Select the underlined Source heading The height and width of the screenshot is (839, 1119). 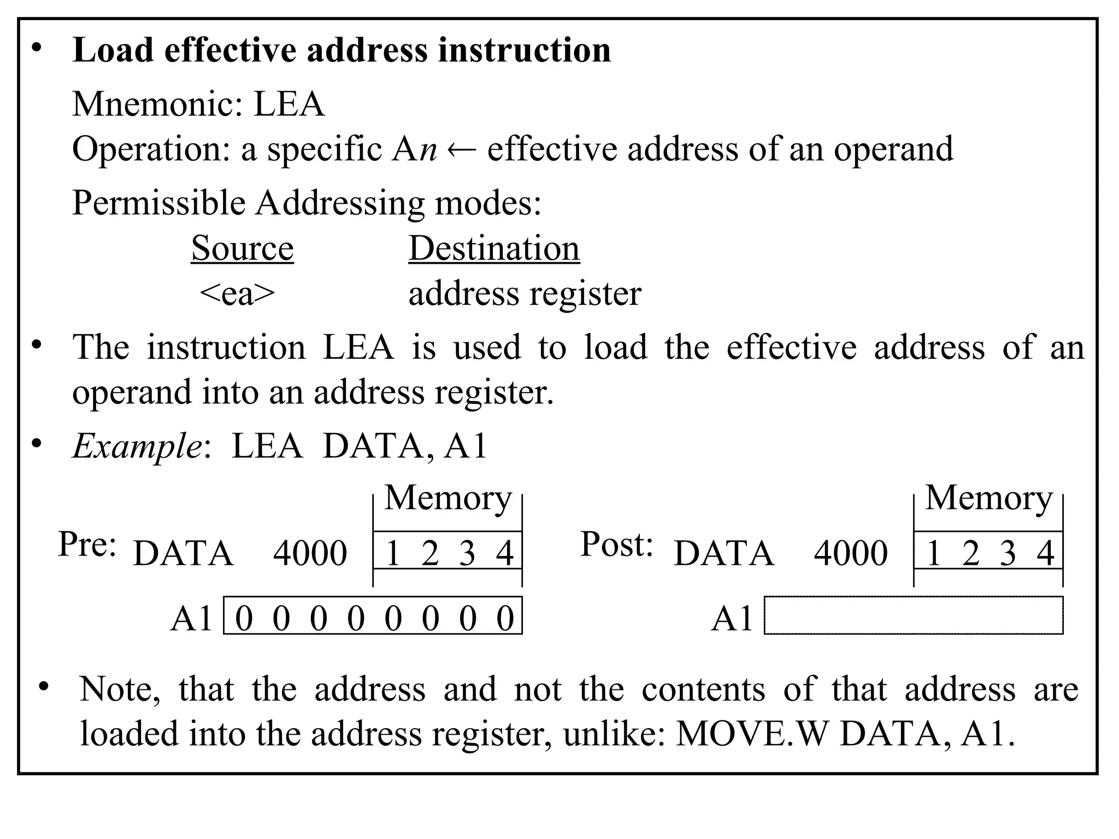242,249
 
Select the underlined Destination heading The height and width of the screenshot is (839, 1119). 494,249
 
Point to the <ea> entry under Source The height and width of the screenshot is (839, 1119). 237,293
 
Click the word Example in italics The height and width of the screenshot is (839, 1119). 137,446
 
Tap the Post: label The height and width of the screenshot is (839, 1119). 616,544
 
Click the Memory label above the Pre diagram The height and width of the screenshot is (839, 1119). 447,498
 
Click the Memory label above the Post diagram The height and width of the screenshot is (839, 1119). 988,498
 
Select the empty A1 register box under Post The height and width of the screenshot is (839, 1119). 913,616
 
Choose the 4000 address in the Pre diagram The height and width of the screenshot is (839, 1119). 310,553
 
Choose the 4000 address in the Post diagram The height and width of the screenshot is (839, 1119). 850,553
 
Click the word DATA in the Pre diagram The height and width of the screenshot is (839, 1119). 183,553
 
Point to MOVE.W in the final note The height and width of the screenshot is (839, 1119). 752,734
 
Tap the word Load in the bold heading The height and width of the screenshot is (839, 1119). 113,50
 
